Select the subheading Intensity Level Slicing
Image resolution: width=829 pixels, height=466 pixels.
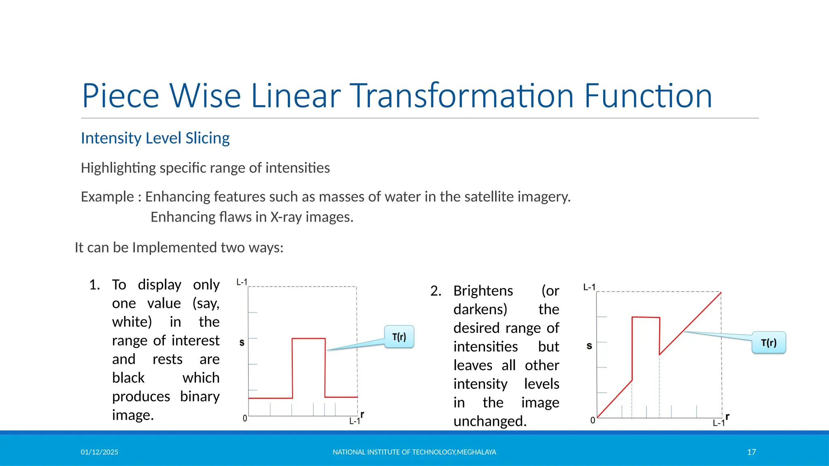tap(155, 138)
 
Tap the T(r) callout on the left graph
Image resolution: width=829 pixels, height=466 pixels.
tap(399, 337)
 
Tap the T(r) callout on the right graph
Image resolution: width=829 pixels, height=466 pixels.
tap(768, 343)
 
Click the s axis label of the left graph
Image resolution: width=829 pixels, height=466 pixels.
tap(242, 343)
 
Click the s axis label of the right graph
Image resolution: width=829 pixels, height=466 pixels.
tap(589, 346)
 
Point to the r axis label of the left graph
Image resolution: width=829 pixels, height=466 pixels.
tap(362, 414)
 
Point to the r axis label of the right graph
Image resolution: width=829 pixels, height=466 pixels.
tap(727, 416)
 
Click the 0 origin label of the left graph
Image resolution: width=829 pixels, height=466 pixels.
tap(244, 418)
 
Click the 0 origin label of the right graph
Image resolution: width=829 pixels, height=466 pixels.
tap(593, 420)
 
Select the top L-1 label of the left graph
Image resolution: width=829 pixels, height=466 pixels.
tap(242, 282)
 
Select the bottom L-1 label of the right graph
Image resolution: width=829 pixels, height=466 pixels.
tap(718, 423)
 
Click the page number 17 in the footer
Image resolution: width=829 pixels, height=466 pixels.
tap(751, 452)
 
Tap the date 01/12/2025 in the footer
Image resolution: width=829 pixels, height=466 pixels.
tap(99, 452)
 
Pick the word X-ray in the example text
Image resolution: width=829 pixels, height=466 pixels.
tap(286, 217)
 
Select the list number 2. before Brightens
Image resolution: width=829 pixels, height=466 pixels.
tap(436, 291)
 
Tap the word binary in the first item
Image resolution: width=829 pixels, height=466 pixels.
tap(200, 396)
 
